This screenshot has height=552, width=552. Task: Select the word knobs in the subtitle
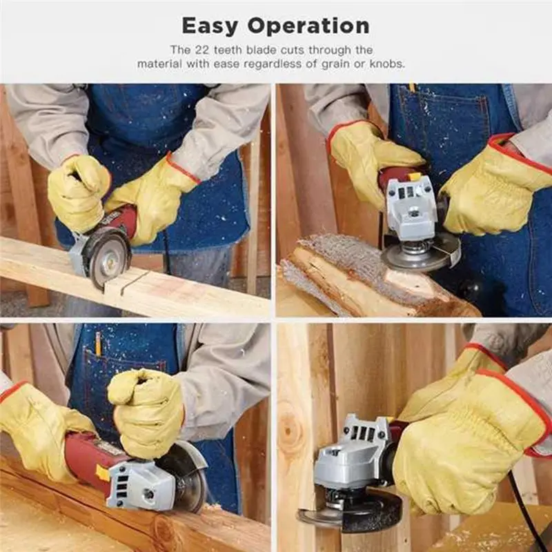click(388, 64)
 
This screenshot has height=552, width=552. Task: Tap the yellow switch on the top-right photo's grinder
click(415, 178)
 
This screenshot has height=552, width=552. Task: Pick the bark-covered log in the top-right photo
click(345, 273)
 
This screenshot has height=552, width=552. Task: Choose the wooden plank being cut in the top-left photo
click(172, 290)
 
